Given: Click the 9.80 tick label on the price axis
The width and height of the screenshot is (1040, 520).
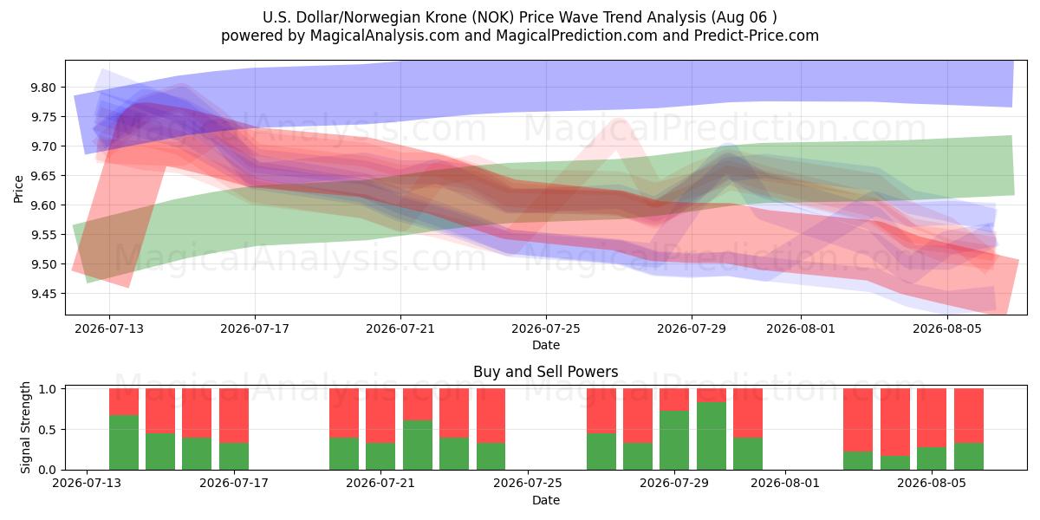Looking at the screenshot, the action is tap(42, 88).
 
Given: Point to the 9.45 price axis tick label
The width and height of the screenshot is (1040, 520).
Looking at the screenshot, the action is tap(42, 294).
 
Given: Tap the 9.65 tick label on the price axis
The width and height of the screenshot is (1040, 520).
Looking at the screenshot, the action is tap(42, 176).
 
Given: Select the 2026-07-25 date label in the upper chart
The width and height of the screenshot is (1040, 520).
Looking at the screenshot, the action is tap(546, 328).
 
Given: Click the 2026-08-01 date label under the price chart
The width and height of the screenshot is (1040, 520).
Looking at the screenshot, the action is tap(801, 328).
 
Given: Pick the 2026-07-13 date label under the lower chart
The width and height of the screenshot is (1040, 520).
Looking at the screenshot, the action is tap(87, 483).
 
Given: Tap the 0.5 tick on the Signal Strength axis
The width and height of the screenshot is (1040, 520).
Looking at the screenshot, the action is tap(48, 430).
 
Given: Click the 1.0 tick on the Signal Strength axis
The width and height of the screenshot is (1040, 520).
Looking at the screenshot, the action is tap(48, 389).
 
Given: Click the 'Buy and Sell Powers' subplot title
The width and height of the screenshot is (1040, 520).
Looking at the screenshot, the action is tap(546, 372).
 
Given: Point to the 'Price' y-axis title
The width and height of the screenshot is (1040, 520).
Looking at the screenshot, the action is tap(18, 189).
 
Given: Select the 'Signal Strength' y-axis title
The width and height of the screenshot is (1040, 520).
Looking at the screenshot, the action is tap(25, 427).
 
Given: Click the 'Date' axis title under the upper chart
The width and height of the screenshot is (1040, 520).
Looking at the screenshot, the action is tap(546, 346).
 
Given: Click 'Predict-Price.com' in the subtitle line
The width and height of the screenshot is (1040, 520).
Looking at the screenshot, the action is tap(757, 36).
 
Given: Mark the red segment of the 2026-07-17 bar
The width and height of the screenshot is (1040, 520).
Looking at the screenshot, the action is tap(234, 415).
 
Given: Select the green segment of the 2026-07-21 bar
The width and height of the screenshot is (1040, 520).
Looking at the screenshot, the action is tap(380, 457).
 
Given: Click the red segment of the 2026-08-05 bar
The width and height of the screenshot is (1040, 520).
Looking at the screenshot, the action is tap(932, 418).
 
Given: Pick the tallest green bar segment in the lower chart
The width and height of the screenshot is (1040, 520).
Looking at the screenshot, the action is tap(712, 436).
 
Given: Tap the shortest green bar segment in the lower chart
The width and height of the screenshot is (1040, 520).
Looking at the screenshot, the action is tap(895, 463).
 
